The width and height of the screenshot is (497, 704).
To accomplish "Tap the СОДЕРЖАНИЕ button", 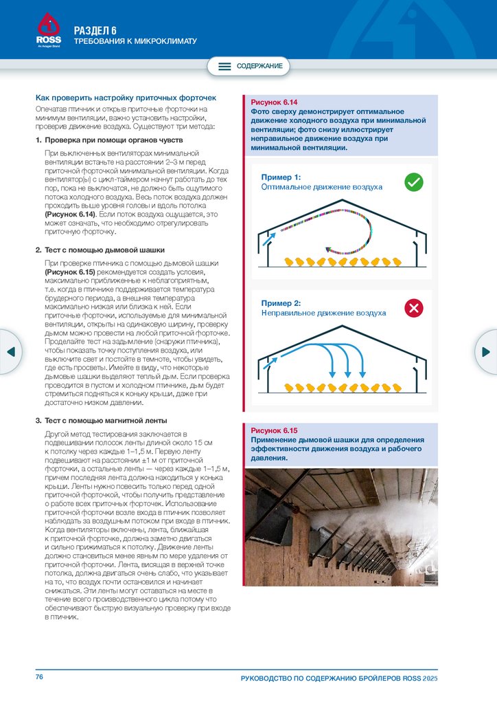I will pyautogui.click(x=249, y=66).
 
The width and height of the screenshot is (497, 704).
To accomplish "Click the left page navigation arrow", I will pyautogui.click(x=10, y=351).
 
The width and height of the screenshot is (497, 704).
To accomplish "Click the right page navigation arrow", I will pyautogui.click(x=486, y=351).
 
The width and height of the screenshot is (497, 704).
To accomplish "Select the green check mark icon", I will pyautogui.click(x=413, y=181).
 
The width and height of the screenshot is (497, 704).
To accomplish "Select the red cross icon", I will pyautogui.click(x=413, y=308).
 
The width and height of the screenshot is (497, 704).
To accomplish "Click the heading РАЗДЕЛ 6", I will pyautogui.click(x=95, y=30).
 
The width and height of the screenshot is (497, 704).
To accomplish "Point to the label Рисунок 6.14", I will pyautogui.click(x=274, y=102).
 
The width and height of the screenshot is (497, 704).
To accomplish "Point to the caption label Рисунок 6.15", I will pyautogui.click(x=274, y=430).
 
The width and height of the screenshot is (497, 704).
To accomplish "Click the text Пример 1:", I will pyautogui.click(x=281, y=177).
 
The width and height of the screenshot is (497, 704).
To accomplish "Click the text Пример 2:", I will pyautogui.click(x=281, y=303).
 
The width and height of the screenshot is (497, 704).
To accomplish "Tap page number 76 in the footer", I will pyautogui.click(x=40, y=677).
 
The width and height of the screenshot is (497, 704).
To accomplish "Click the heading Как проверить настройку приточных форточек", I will pyautogui.click(x=126, y=98).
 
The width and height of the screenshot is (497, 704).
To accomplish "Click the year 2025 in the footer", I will pyautogui.click(x=430, y=679).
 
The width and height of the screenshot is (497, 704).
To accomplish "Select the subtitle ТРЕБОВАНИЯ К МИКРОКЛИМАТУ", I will pyautogui.click(x=135, y=41).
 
